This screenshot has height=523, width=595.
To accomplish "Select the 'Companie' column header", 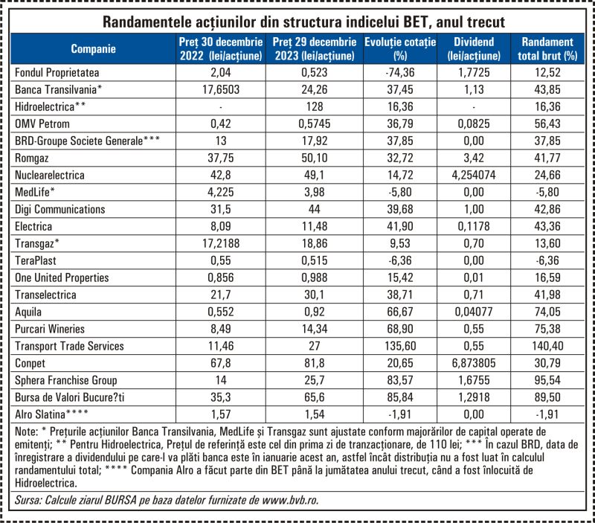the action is click(x=93, y=48).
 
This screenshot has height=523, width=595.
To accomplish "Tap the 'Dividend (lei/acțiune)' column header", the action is click(x=474, y=48).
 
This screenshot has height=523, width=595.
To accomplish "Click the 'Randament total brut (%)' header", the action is click(x=547, y=48).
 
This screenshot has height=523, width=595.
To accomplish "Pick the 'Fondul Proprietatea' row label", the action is click(x=57, y=72).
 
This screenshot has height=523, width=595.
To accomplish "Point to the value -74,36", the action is click(x=400, y=72).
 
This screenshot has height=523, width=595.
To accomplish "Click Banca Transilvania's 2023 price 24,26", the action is click(x=315, y=89).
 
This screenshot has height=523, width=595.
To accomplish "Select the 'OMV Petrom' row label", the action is click(x=42, y=123).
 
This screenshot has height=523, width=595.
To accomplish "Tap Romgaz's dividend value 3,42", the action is click(x=474, y=158).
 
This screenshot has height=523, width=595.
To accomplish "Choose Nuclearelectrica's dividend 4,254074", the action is click(x=474, y=175).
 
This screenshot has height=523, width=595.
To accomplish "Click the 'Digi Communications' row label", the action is click(x=60, y=209).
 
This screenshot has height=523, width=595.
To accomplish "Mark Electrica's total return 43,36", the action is click(x=547, y=226).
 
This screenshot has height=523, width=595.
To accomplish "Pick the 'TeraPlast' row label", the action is click(x=35, y=260).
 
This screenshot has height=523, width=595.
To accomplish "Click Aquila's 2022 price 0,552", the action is click(x=221, y=312).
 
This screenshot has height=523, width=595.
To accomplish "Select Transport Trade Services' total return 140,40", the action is click(x=547, y=346).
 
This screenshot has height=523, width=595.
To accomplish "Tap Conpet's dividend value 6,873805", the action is click(x=474, y=363).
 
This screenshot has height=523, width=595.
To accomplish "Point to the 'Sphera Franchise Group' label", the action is click(x=66, y=380).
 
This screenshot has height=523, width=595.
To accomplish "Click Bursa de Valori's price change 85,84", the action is click(x=400, y=397).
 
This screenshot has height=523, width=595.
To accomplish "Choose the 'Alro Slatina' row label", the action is click(x=51, y=414).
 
